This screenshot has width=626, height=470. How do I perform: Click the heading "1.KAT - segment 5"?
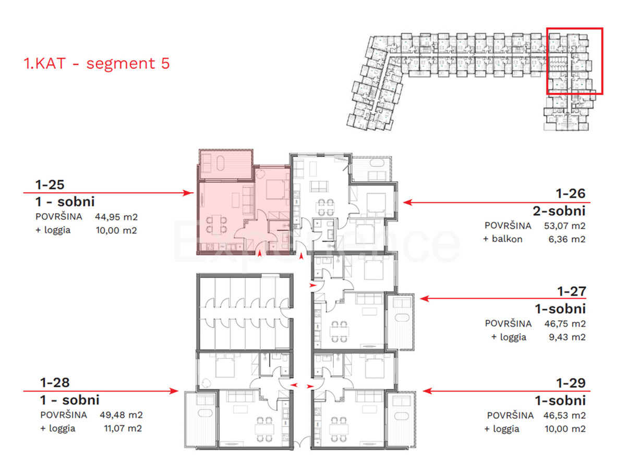(x=97, y=63)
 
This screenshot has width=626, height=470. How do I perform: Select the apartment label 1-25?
(x=50, y=185)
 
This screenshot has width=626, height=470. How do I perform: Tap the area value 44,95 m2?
(x=116, y=217)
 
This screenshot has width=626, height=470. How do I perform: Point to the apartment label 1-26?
(x=571, y=193)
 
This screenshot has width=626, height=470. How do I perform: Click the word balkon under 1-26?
(x=507, y=239)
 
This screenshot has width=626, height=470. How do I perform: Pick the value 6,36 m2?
(x=567, y=239)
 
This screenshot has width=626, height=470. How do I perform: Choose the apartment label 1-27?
(x=572, y=291)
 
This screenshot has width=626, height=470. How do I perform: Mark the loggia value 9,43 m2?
(x=567, y=337)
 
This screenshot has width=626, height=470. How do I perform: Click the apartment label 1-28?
(x=55, y=383)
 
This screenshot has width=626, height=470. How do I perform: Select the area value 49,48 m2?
(x=121, y=415)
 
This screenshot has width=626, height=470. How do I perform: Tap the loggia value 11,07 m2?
(x=123, y=428)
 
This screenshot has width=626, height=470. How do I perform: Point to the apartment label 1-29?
(x=571, y=383)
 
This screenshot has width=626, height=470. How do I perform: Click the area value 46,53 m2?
(x=564, y=415)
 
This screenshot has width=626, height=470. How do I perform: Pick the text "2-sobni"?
(x=559, y=211)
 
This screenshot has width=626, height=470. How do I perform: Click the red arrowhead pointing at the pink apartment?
(x=188, y=193)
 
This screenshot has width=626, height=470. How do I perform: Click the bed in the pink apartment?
(x=275, y=189)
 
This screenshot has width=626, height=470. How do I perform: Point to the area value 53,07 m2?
(x=564, y=226)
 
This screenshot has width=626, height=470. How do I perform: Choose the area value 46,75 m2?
(x=565, y=324)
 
